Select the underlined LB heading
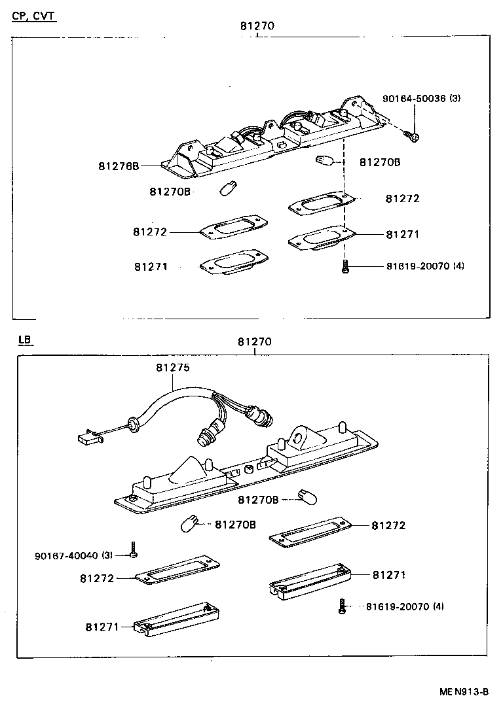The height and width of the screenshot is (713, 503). [25, 340]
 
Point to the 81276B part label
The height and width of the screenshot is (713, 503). [119, 166]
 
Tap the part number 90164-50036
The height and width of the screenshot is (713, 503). [414, 99]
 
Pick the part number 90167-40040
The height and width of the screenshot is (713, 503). [66, 555]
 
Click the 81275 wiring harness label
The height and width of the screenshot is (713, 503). [173, 368]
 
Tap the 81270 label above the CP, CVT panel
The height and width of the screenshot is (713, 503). [257, 26]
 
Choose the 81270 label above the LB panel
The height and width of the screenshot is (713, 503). [255, 341]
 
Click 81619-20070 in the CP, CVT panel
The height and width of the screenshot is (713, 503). [417, 266]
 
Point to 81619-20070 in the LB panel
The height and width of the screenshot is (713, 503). [398, 606]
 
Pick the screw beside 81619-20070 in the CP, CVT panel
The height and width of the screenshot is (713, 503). [345, 267]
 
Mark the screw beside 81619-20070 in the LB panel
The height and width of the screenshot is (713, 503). [342, 606]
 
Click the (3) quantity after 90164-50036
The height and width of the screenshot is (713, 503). [455, 99]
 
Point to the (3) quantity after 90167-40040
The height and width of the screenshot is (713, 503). [107, 555]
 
